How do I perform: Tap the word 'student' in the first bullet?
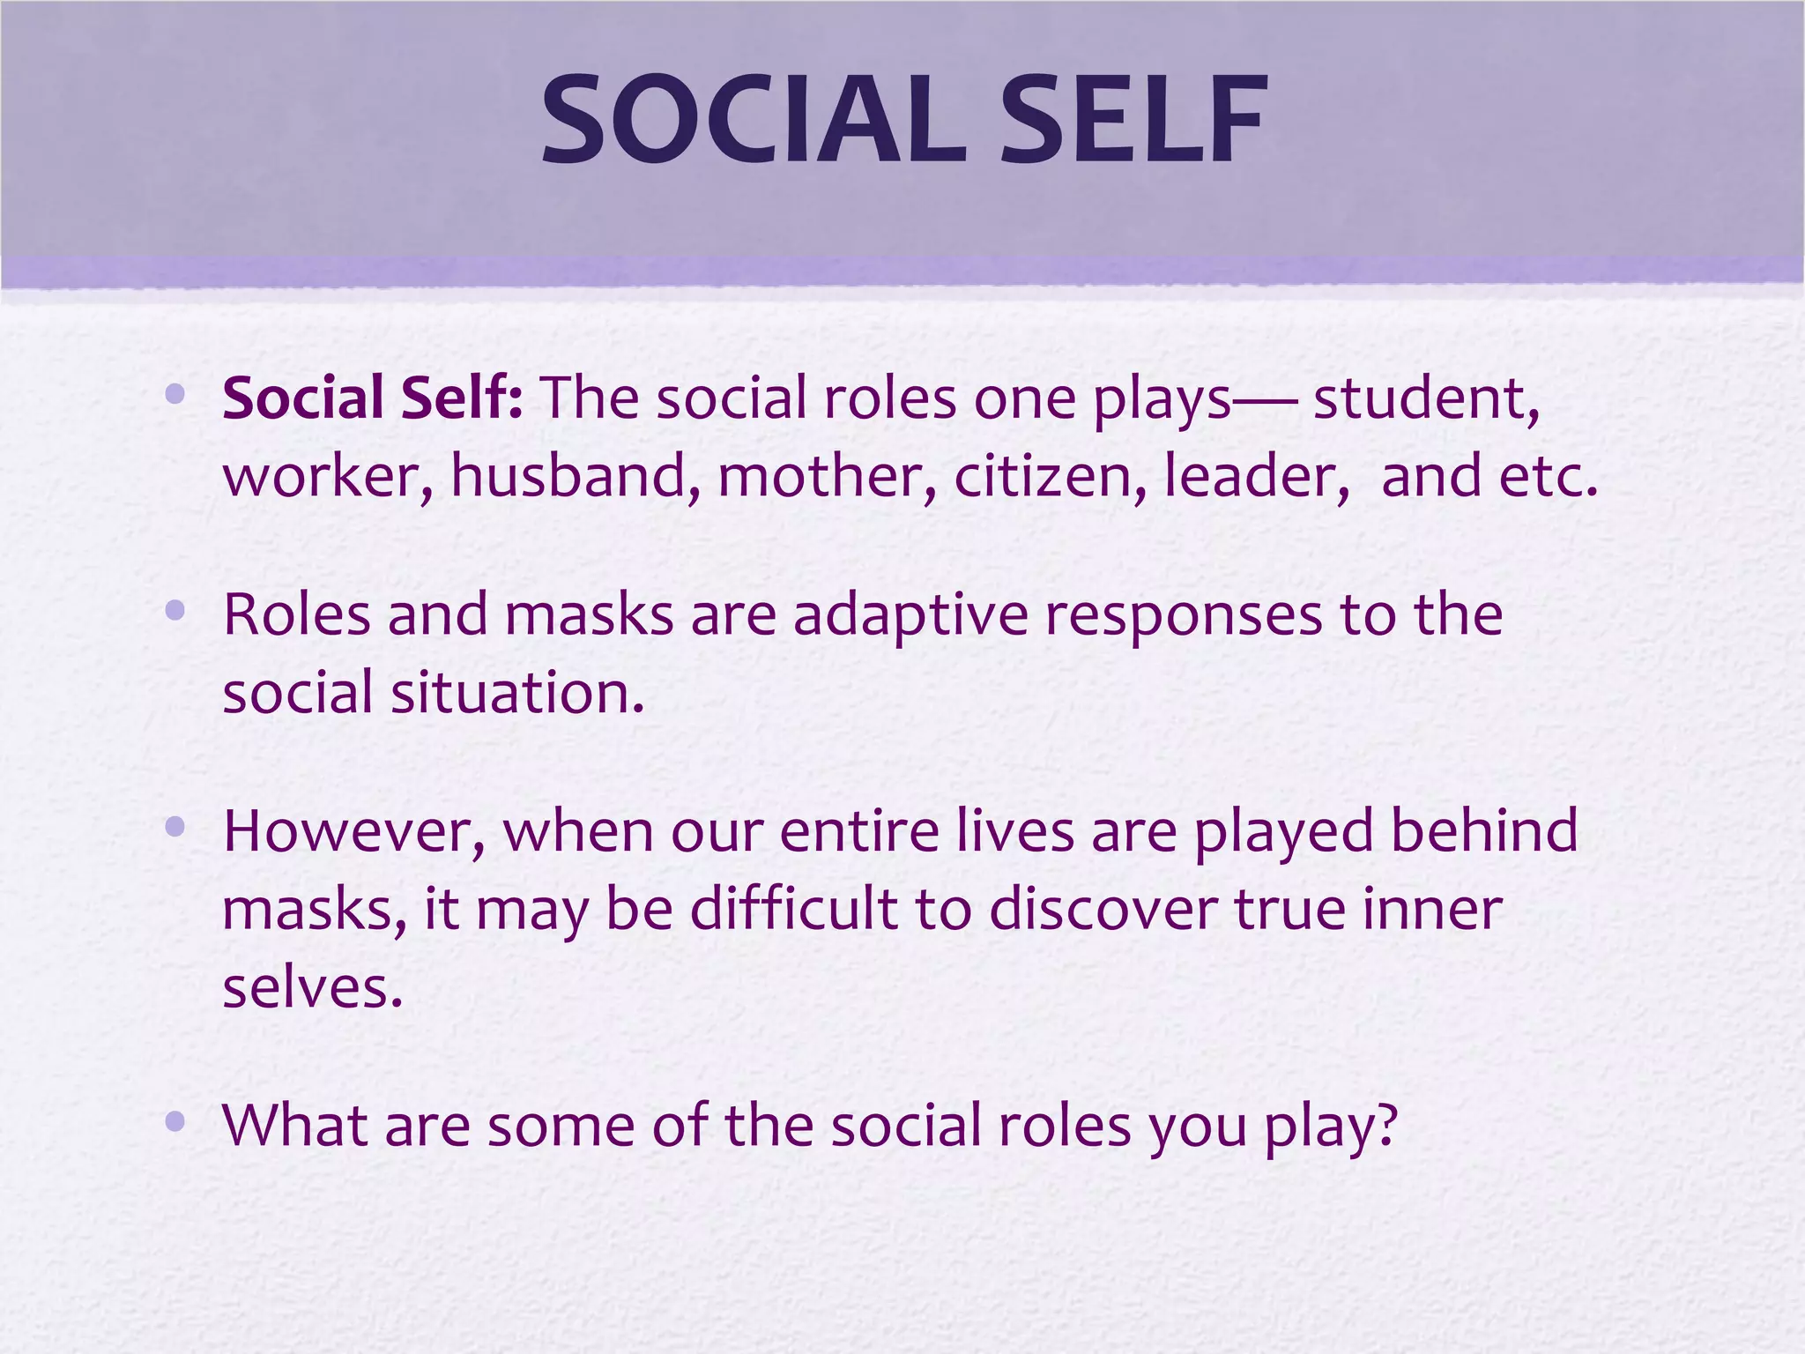(x=1426, y=398)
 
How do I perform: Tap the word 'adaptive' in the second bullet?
(x=910, y=614)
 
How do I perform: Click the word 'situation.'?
(x=518, y=692)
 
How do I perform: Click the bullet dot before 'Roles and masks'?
(x=175, y=609)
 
